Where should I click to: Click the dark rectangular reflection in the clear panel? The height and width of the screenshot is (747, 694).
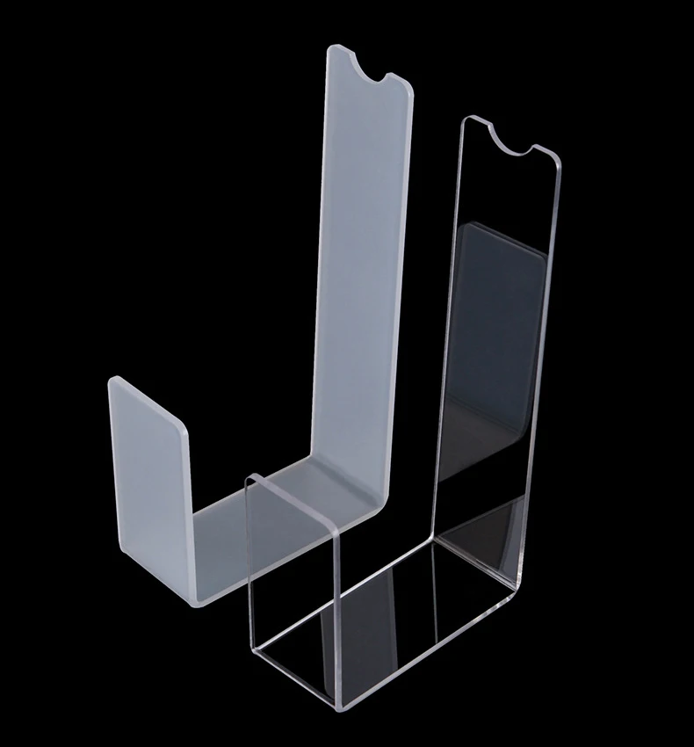pyautogui.click(x=496, y=352)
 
